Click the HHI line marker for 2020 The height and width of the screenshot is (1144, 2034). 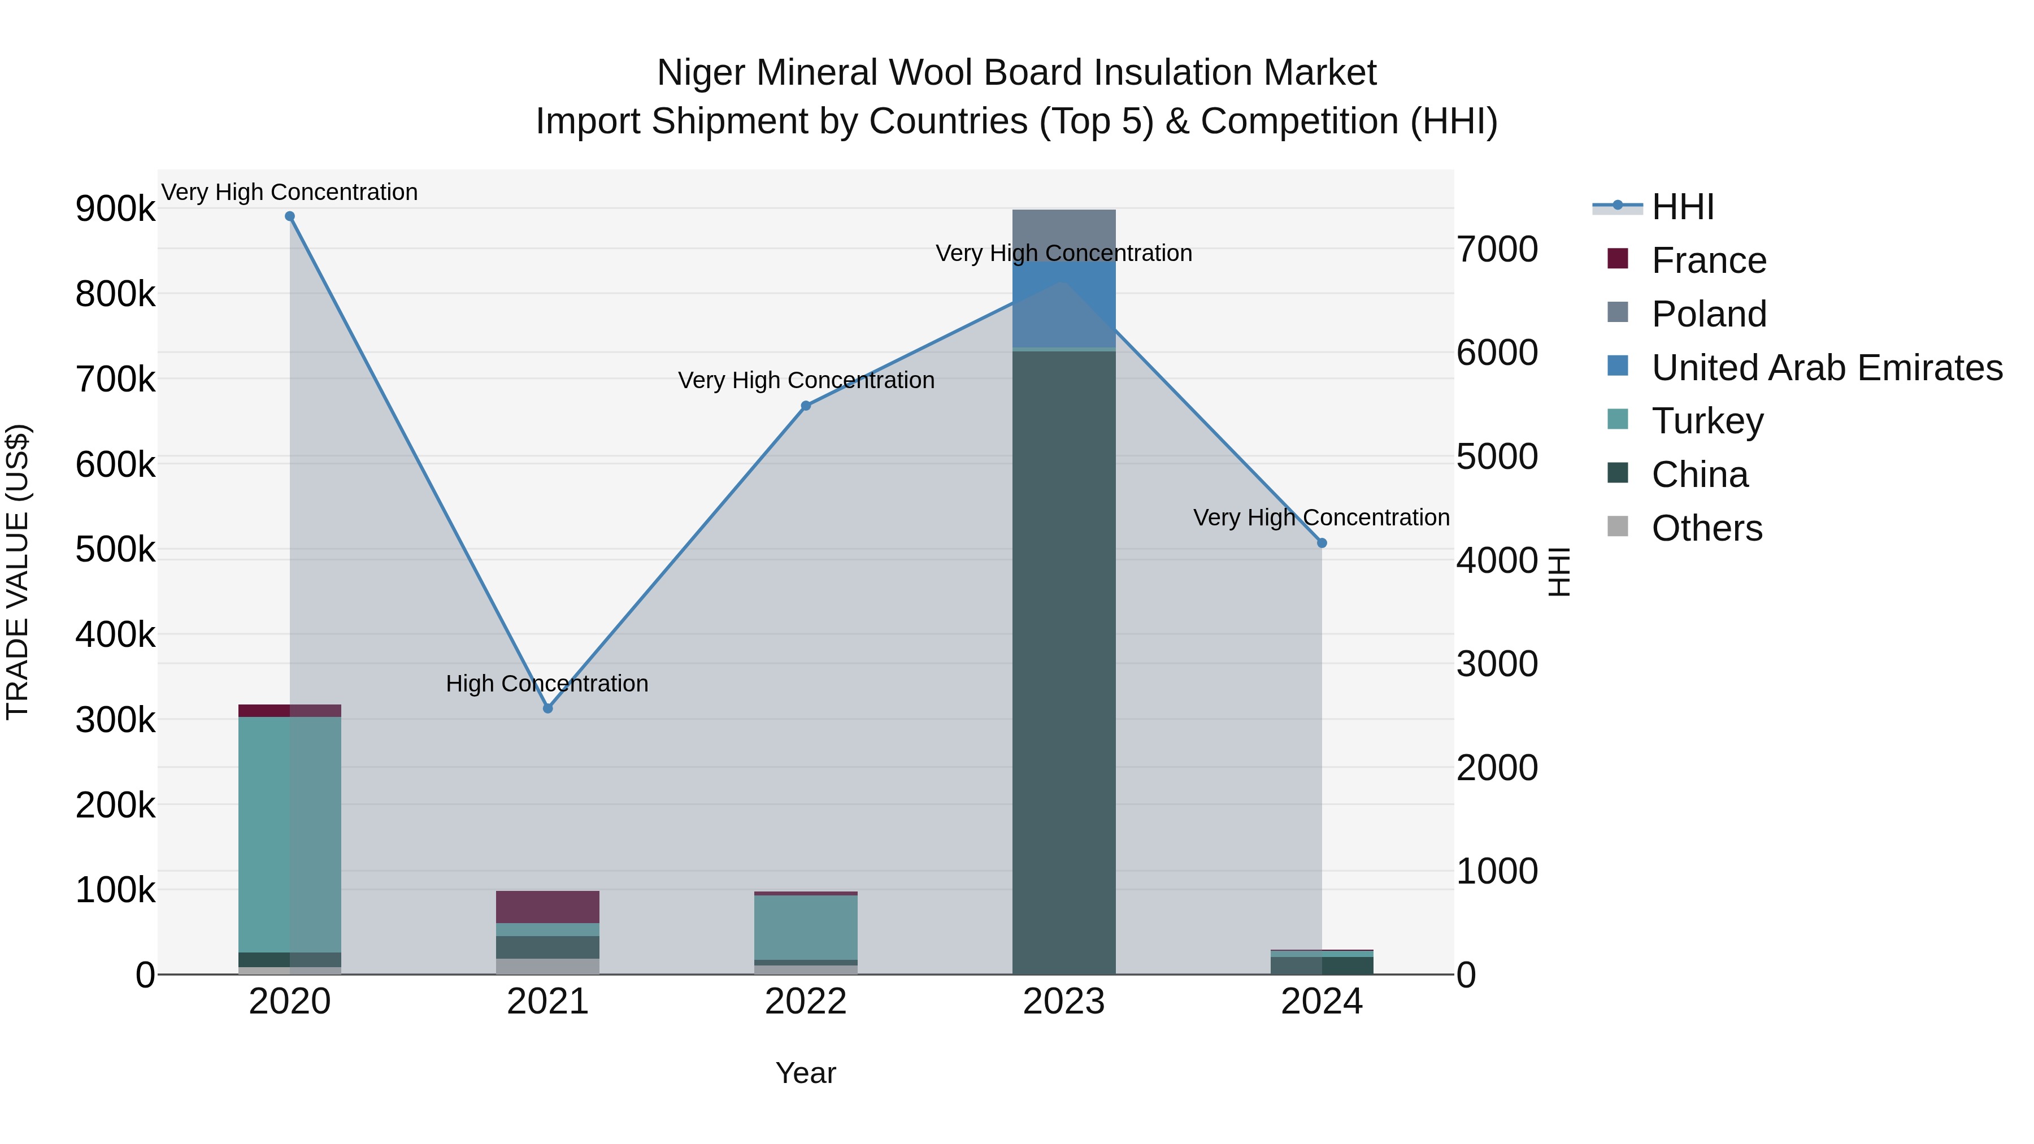click(290, 216)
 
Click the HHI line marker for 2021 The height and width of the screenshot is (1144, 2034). click(548, 708)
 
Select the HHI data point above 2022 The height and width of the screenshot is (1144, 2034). click(806, 406)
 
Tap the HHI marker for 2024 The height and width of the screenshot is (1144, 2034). click(1322, 543)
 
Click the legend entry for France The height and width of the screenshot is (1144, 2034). click(1709, 260)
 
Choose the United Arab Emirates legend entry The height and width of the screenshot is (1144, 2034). click(1826, 368)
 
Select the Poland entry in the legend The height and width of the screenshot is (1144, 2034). click(1709, 314)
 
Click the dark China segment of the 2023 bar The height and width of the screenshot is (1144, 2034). click(1063, 663)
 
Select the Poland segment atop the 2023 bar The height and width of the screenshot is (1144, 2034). click(1063, 229)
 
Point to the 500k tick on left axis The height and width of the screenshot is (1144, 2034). click(115, 550)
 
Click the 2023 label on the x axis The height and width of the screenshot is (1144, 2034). click(1063, 1002)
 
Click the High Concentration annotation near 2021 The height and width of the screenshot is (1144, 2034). click(547, 683)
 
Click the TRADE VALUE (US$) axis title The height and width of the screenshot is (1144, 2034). click(18, 572)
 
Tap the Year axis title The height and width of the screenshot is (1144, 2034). click(805, 1073)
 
